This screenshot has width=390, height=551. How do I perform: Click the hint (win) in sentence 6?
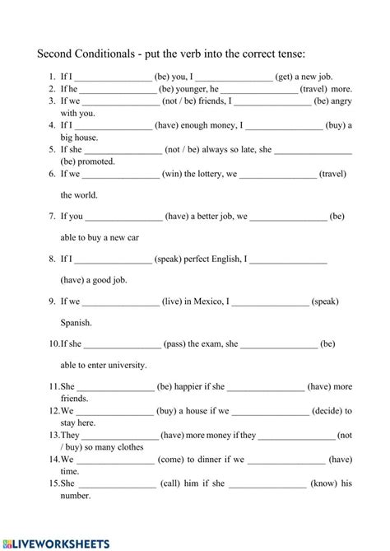pyautogui.click(x=176, y=175)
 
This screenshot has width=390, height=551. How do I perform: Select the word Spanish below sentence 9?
pyautogui.click(x=77, y=323)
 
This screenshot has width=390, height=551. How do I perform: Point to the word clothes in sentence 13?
pyautogui.click(x=125, y=447)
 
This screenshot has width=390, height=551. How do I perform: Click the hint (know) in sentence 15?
pyautogui.click(x=323, y=483)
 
